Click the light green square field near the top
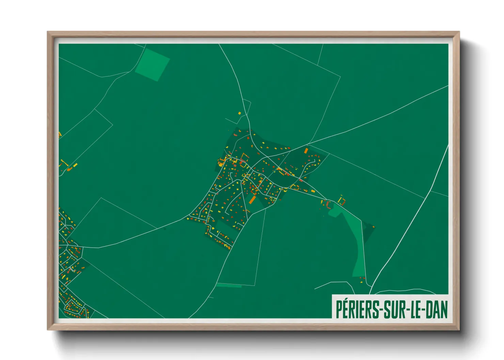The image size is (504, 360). [152, 65]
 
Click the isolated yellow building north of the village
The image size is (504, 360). [239, 113]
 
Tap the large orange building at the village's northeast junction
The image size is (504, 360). [306, 150]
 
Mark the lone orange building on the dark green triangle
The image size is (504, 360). [373, 227]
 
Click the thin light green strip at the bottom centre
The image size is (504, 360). [229, 286]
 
